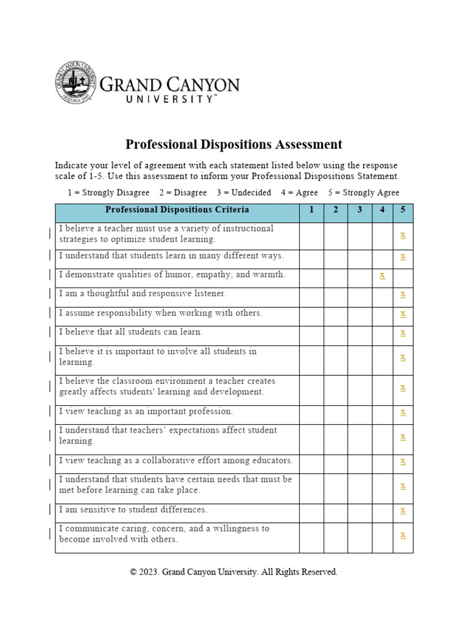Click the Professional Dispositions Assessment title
click(233, 144)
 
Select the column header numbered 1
click(311, 210)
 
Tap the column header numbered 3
click(360, 210)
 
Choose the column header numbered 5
click(403, 210)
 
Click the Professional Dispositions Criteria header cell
click(177, 210)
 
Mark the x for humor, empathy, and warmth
click(382, 275)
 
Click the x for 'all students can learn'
click(403, 333)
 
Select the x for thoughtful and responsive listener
click(403, 294)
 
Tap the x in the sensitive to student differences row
click(403, 510)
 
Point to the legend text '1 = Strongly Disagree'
click(108, 193)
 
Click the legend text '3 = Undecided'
click(244, 193)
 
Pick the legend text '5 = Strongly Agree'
click(364, 193)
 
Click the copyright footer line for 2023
click(233, 572)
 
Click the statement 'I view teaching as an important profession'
click(146, 411)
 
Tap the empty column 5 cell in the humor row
click(403, 275)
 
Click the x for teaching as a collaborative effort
click(403, 461)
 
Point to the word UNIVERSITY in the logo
click(171, 98)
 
